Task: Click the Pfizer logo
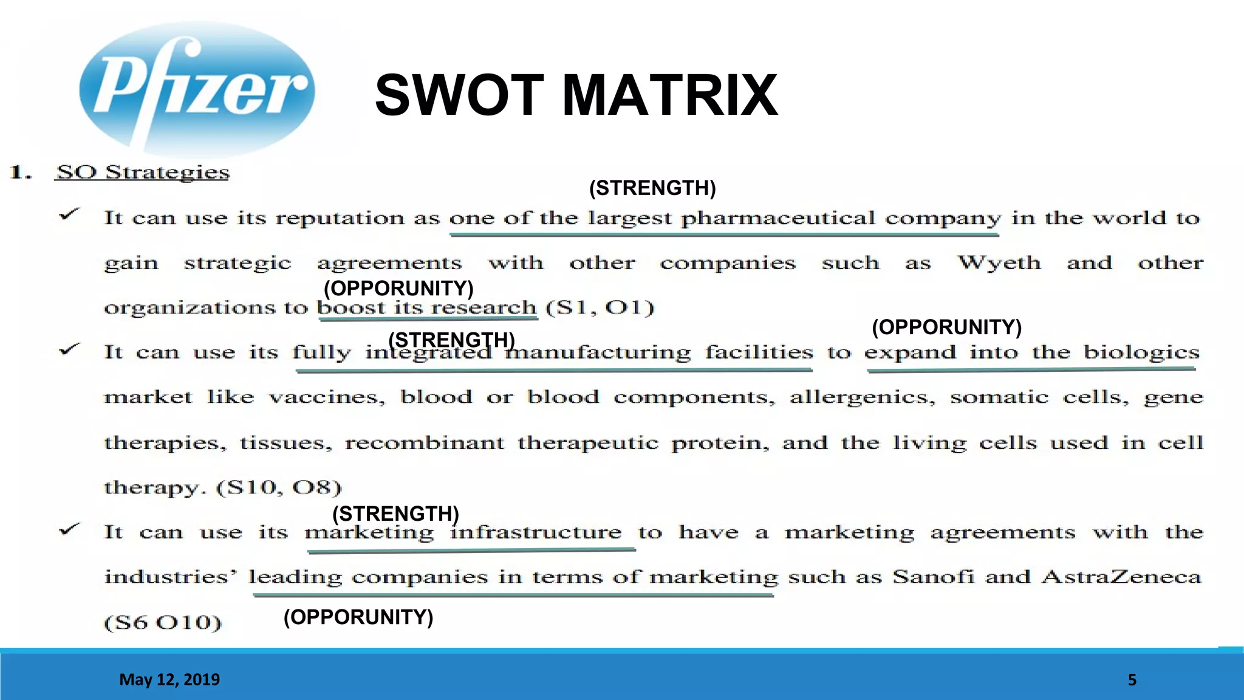[x=197, y=89]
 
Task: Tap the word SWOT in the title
[x=459, y=95]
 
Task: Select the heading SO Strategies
[x=143, y=172]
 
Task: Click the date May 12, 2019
[x=169, y=679]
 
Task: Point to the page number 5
[x=1132, y=680]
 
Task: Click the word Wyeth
[x=999, y=262]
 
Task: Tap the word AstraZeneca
[x=1121, y=576]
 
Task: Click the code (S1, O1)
[x=600, y=307]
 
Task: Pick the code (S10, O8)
[x=279, y=487]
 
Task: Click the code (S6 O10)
[x=163, y=622]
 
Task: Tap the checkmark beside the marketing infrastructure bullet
[x=69, y=530]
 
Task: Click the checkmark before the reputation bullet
[x=69, y=215]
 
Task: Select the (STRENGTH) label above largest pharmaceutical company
[x=652, y=188]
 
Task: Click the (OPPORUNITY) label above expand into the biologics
[x=946, y=328]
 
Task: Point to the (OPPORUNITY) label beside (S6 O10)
[x=358, y=617]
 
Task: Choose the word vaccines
[x=327, y=397]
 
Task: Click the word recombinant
[x=425, y=442]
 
